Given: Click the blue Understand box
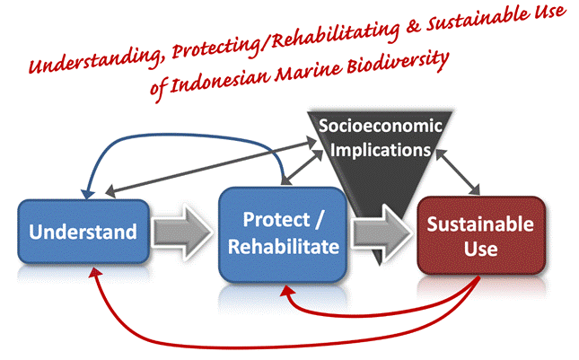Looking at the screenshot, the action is click(x=83, y=232).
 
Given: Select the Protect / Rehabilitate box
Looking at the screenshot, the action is click(x=283, y=234).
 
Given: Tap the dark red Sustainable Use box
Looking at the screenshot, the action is click(x=481, y=235).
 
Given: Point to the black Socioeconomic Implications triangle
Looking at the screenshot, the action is click(x=380, y=166).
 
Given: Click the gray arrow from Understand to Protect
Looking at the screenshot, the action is click(x=182, y=233).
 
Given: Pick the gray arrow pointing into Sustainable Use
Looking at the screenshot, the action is click(x=382, y=233).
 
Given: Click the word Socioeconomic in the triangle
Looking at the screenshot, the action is click(x=381, y=126).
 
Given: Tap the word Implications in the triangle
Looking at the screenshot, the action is click(x=381, y=150).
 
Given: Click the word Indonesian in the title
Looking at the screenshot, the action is click(x=220, y=80).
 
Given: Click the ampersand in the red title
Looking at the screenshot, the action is click(x=413, y=28).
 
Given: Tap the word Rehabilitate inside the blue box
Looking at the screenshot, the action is click(x=284, y=247).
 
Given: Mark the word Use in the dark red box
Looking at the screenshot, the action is click(x=481, y=250).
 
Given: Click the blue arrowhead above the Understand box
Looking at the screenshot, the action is click(x=87, y=194).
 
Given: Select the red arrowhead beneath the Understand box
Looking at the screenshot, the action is click(x=97, y=273).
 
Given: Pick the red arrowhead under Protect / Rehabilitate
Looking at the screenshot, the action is click(x=287, y=290).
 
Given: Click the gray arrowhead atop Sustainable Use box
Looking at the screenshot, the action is click(x=475, y=189).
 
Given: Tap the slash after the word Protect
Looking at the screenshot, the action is click(x=319, y=220).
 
